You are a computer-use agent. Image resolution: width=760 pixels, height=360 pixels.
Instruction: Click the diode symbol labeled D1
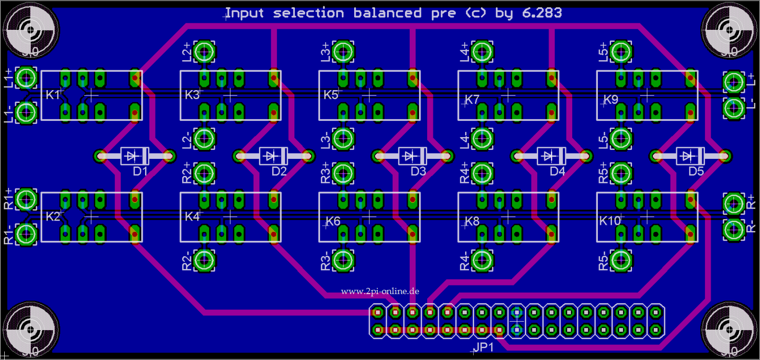pyautogui.click(x=135, y=156)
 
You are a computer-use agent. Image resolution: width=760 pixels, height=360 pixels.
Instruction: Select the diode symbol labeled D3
pyautogui.click(x=412, y=156)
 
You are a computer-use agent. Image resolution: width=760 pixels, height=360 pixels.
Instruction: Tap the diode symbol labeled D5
pyautogui.click(x=690, y=156)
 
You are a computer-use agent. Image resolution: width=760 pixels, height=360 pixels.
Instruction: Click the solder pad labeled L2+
pyautogui.click(x=204, y=51)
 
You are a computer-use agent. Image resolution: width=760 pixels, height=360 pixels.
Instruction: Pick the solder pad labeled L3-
pyautogui.click(x=343, y=139)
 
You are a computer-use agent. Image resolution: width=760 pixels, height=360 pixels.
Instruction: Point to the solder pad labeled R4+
pyautogui.click(x=482, y=174)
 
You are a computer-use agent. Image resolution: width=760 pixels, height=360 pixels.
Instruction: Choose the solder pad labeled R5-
pyautogui.click(x=621, y=260)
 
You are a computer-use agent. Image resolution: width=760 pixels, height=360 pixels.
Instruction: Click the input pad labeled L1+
pyautogui.click(x=26, y=78)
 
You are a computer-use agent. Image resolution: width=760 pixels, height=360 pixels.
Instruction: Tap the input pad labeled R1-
pyautogui.click(x=26, y=234)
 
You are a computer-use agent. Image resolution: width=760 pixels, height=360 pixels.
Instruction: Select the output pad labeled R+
pyautogui.click(x=733, y=204)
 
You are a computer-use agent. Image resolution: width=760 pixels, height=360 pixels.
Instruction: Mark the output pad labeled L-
pyautogui.click(x=733, y=108)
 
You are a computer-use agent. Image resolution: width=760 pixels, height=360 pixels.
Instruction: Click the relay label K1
pyautogui.click(x=53, y=95)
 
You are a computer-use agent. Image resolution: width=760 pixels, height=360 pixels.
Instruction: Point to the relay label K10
pyautogui.click(x=610, y=221)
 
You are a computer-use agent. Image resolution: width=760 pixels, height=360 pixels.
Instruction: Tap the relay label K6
pyautogui.click(x=333, y=221)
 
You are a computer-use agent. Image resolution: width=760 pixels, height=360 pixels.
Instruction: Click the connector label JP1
pyautogui.click(x=484, y=347)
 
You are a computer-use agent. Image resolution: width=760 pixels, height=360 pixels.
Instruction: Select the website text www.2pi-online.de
pyautogui.click(x=380, y=291)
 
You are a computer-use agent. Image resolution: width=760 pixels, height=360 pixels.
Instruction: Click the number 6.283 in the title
pyautogui.click(x=542, y=13)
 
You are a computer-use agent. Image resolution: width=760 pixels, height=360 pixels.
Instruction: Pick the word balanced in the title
pyautogui.click(x=387, y=13)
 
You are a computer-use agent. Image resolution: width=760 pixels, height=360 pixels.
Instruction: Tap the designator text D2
pyautogui.click(x=279, y=171)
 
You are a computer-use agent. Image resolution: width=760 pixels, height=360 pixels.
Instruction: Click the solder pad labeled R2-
pyautogui.click(x=204, y=260)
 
